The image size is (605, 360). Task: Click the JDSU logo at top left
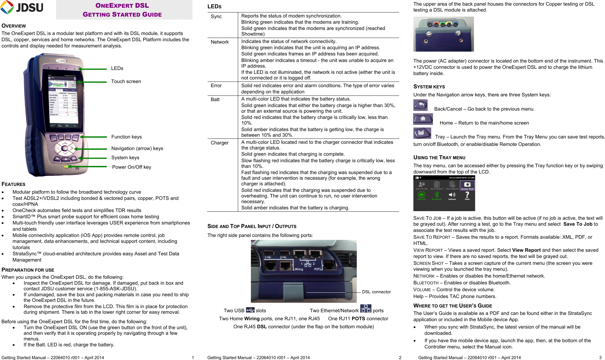(22, 7)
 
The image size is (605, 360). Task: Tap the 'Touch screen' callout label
(126, 82)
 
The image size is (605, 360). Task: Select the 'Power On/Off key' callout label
(131, 167)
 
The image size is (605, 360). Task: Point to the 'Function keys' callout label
(126, 137)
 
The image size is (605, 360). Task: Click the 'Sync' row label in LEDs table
(216, 17)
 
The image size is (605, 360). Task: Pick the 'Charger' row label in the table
(219, 143)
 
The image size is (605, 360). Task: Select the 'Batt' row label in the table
(215, 100)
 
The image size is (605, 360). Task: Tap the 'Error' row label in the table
(216, 86)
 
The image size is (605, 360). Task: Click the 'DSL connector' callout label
(376, 292)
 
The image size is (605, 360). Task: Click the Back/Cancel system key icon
(421, 105)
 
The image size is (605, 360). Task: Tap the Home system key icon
(423, 119)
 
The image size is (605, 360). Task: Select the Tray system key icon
(422, 133)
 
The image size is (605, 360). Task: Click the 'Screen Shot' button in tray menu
(467, 185)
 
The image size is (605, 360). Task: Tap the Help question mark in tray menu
(467, 195)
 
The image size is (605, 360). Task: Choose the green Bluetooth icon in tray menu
(437, 195)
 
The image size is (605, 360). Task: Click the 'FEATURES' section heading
(14, 184)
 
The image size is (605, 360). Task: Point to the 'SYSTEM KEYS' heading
(429, 87)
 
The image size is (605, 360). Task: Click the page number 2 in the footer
(400, 358)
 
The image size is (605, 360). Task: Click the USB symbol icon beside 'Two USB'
(250, 310)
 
